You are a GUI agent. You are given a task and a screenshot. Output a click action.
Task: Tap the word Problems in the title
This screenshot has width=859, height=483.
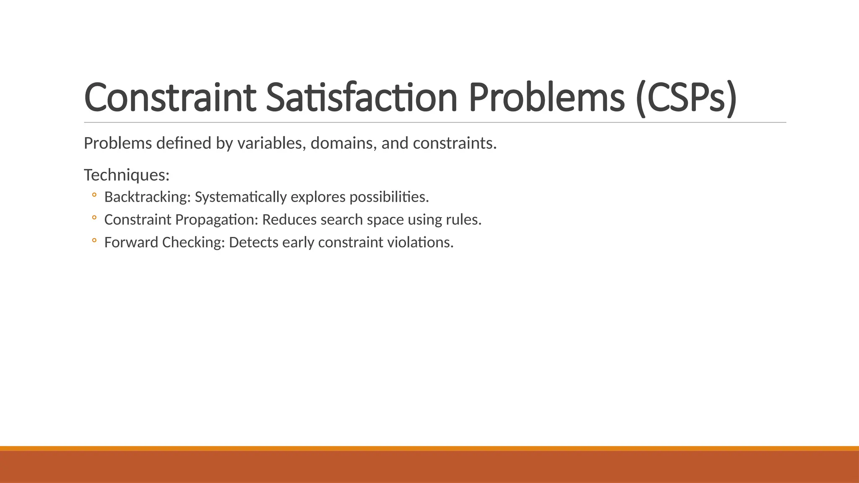(x=546, y=98)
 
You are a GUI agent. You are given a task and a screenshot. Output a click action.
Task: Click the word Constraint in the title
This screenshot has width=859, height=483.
(x=170, y=98)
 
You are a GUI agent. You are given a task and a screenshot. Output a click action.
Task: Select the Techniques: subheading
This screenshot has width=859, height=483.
(x=127, y=175)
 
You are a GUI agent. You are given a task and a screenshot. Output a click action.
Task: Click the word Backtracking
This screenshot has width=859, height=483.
(x=147, y=197)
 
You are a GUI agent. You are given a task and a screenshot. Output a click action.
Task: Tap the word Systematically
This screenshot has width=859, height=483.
(x=241, y=197)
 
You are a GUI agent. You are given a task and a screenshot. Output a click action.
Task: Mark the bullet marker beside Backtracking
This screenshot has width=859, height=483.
(x=94, y=195)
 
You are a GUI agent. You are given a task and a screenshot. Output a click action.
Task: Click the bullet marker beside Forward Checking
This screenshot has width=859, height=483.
(x=94, y=240)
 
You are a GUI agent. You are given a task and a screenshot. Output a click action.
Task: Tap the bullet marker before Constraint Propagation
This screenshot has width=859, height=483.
(x=94, y=218)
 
